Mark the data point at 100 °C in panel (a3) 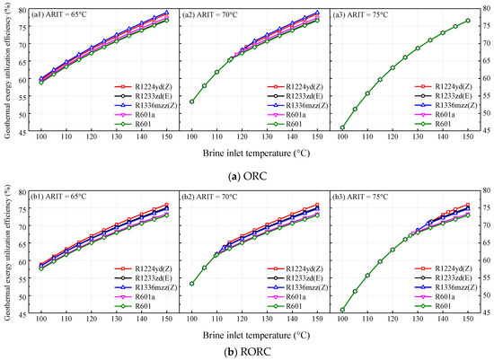pos(342,127)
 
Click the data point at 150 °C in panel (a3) pos(467,21)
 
